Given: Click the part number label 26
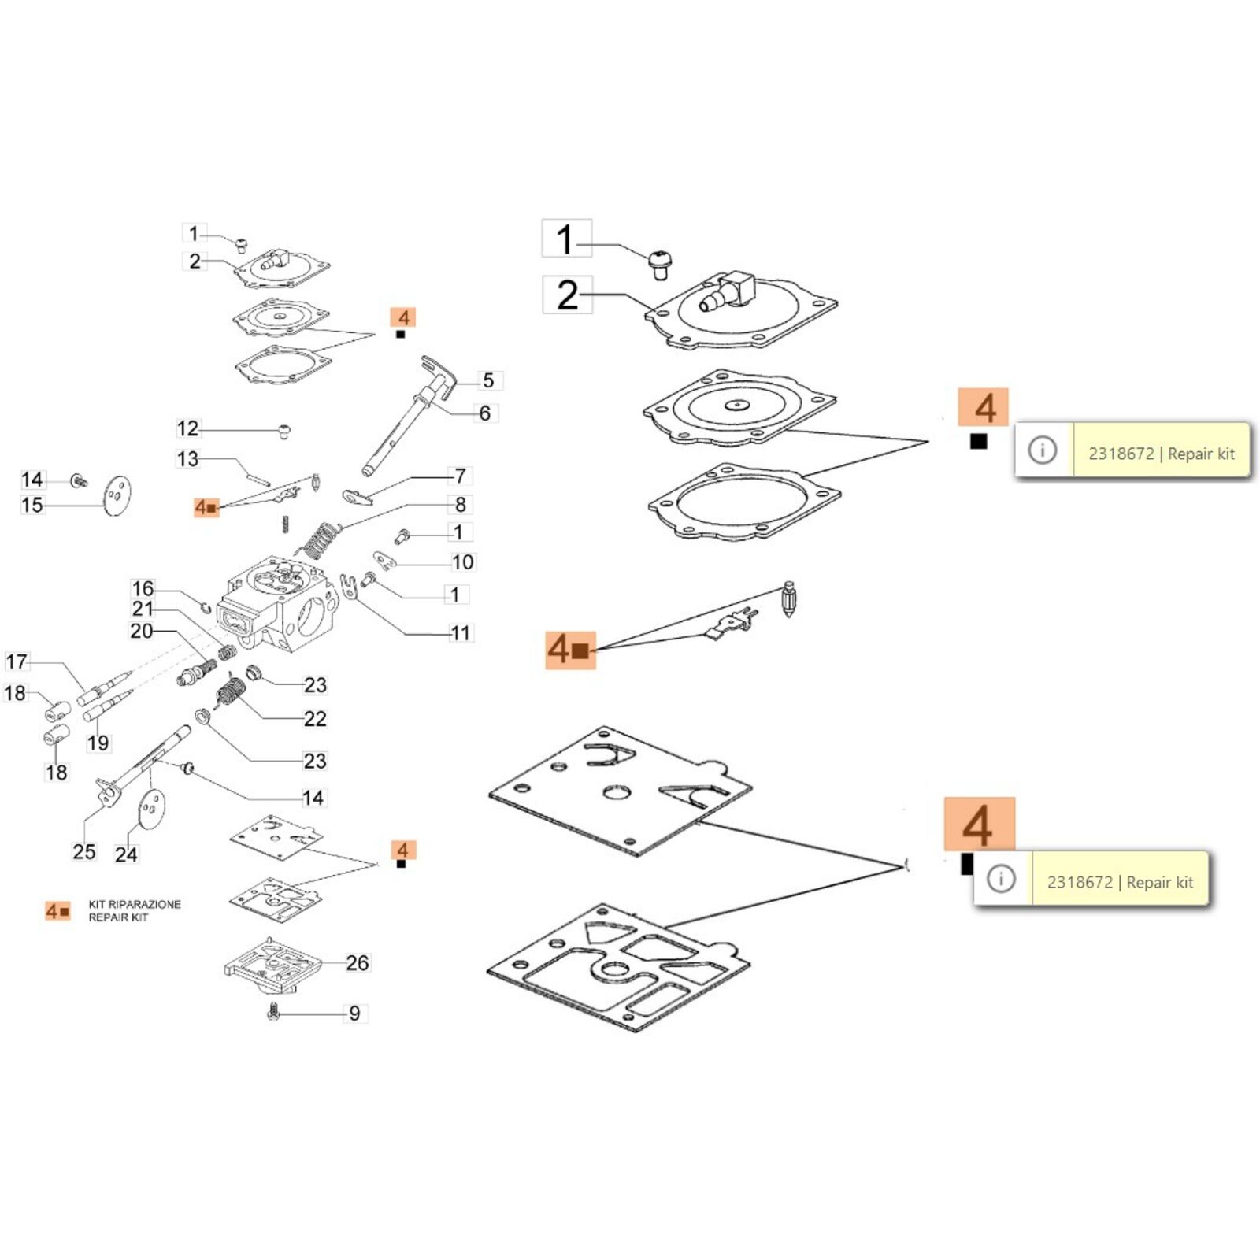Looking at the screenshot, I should pyautogui.click(x=357, y=962).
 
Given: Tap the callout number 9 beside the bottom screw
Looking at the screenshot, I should pyautogui.click(x=354, y=1013).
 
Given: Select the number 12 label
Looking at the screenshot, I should pyautogui.click(x=187, y=428).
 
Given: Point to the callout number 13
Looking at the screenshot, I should pyautogui.click(x=187, y=459).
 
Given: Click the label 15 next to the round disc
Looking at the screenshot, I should pyautogui.click(x=32, y=505).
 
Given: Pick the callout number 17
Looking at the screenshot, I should pyautogui.click(x=16, y=661).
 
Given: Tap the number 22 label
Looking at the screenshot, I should pyautogui.click(x=315, y=718).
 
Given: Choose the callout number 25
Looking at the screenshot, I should pyautogui.click(x=83, y=851).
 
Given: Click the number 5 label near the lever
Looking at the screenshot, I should pyautogui.click(x=488, y=380).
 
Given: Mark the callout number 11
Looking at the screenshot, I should pyautogui.click(x=461, y=632).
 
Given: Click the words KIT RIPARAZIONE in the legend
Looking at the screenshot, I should pyautogui.click(x=135, y=904).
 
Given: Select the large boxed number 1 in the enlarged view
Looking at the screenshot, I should pyautogui.click(x=565, y=239).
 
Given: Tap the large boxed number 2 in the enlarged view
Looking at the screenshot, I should pyautogui.click(x=567, y=295).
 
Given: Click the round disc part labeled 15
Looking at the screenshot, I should pyautogui.click(x=117, y=496).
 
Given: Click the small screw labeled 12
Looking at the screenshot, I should pyautogui.click(x=284, y=430).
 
